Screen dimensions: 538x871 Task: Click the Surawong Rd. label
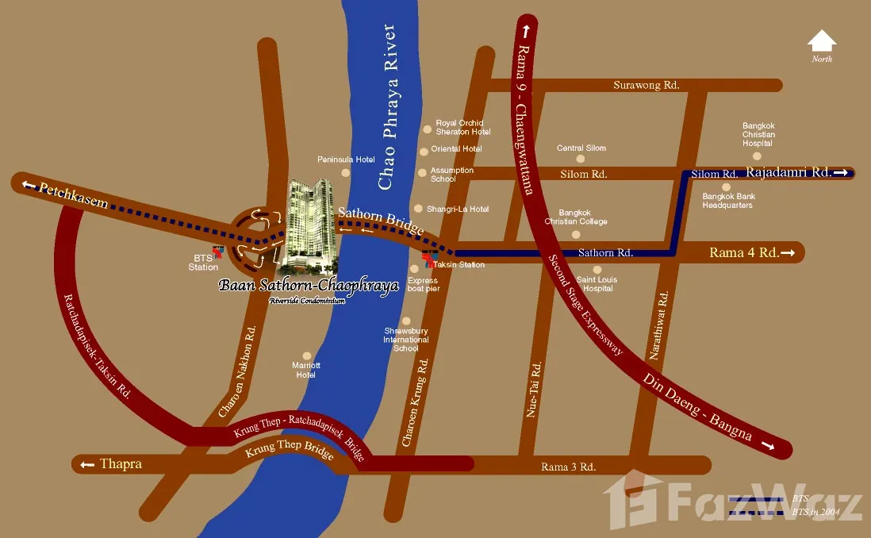[x=647, y=86]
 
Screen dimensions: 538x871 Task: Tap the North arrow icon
[x=822, y=41]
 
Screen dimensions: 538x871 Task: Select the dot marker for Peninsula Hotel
[x=345, y=172]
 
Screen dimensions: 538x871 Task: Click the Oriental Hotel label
[x=456, y=149]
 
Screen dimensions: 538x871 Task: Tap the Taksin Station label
[x=459, y=264]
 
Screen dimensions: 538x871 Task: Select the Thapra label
[x=121, y=463]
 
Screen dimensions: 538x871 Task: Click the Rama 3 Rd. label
[x=568, y=467]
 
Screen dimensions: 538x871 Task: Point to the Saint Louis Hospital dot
[x=598, y=269]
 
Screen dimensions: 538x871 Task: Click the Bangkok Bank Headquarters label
[x=728, y=201]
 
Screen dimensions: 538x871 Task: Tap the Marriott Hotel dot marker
[x=306, y=356]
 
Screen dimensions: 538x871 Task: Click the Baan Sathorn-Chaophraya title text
[x=309, y=286]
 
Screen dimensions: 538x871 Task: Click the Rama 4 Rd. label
[x=744, y=253]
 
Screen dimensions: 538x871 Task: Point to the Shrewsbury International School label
[x=406, y=339]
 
